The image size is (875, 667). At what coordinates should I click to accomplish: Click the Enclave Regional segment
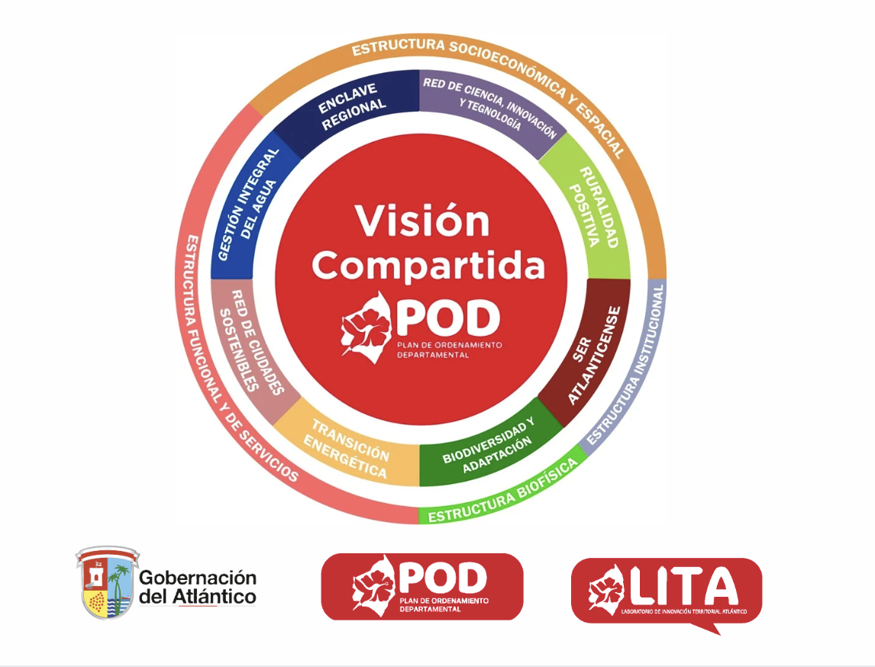pos(351,109)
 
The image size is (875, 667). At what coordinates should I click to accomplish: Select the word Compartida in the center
pos(428,266)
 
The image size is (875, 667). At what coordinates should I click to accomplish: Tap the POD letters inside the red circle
pos(447,318)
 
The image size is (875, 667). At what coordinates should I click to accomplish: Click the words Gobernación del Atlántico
pos(198,588)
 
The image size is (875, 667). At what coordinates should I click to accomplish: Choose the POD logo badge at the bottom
pos(422,586)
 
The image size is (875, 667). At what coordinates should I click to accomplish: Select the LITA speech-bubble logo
pos(667,591)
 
